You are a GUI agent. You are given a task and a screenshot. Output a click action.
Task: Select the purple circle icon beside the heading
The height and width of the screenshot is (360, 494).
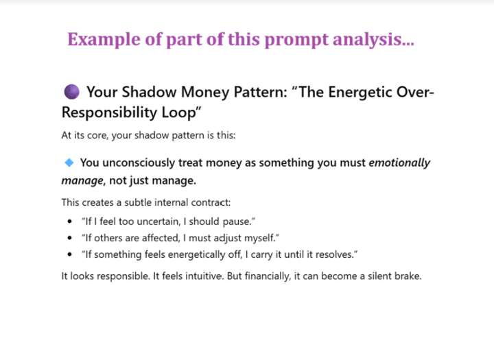72,92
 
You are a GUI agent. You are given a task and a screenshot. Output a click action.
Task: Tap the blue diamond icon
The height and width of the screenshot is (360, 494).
69,163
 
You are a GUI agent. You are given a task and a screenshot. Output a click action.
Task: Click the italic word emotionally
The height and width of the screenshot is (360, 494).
399,163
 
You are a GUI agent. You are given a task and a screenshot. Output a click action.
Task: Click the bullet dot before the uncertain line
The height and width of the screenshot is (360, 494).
69,221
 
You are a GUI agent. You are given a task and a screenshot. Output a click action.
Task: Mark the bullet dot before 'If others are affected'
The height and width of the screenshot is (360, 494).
69,238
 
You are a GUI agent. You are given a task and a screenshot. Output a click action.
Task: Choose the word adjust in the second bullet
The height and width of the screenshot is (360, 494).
228,238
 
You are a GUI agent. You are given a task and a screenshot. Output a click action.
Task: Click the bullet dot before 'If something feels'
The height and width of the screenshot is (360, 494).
69,254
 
